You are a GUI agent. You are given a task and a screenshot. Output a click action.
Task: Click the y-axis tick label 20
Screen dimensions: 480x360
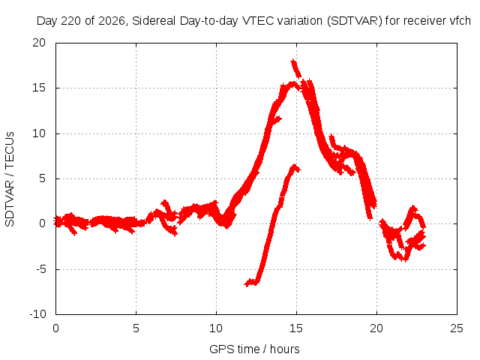click(39, 43)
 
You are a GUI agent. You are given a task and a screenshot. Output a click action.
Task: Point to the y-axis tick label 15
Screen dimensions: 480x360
click(39, 88)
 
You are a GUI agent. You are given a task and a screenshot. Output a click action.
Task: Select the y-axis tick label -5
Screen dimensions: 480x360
click(41, 270)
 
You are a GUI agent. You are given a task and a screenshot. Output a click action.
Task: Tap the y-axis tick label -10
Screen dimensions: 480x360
click(38, 314)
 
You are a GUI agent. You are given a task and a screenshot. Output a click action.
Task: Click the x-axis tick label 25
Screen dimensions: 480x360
click(457, 328)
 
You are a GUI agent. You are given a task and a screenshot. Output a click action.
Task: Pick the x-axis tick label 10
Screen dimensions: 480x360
click(216, 328)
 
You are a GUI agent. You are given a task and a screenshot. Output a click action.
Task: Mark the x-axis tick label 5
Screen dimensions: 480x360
click(136, 328)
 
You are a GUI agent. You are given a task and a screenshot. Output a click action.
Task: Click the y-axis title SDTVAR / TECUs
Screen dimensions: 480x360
click(10, 179)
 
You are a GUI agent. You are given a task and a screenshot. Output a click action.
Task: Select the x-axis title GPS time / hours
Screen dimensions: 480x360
click(254, 349)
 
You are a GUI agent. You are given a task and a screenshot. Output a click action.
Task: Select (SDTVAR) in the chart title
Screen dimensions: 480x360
click(355, 21)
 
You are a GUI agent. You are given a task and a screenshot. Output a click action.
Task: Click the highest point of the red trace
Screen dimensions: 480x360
click(293, 60)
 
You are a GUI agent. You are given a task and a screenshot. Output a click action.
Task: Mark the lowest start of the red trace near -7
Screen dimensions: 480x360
click(246, 284)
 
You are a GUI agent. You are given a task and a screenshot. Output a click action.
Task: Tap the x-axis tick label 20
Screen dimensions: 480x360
click(376, 328)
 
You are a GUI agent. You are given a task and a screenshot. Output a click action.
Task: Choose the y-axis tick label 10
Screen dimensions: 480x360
click(39, 133)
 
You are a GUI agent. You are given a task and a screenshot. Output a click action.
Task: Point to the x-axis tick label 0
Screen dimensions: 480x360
click(55, 328)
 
